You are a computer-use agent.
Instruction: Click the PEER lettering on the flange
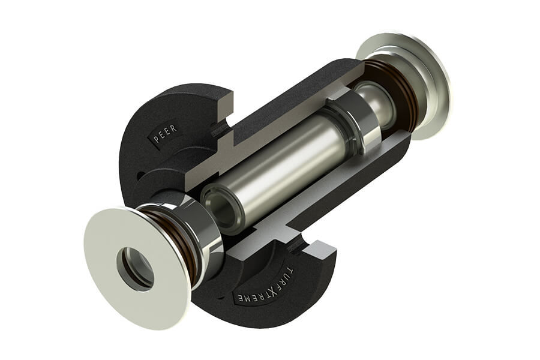click(166, 134)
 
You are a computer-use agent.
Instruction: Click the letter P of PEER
click(156, 140)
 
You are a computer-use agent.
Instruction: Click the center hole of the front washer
click(136, 268)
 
